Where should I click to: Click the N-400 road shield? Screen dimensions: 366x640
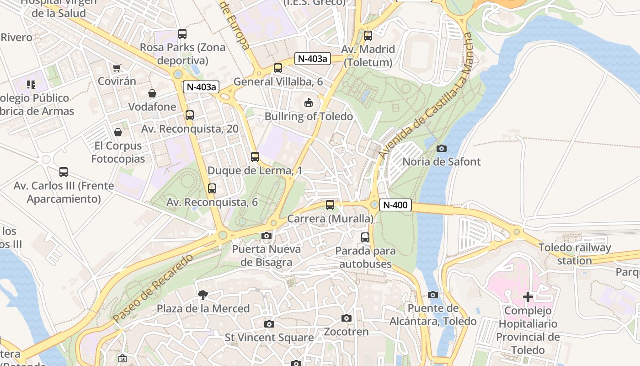click(x=395, y=205)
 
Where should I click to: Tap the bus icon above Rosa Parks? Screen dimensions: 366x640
click(x=182, y=34)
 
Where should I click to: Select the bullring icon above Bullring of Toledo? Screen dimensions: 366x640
click(x=309, y=103)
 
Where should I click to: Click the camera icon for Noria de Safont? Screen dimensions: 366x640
click(x=442, y=148)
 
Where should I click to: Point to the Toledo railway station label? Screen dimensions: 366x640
click(x=574, y=254)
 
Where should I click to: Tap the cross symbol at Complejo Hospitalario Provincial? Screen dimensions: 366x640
click(x=528, y=297)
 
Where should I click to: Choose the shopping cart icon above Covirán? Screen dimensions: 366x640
click(x=117, y=68)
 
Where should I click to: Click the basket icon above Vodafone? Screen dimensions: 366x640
click(x=152, y=93)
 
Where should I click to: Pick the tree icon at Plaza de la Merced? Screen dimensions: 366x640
click(x=203, y=295)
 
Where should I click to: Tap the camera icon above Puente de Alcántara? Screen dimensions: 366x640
click(x=433, y=295)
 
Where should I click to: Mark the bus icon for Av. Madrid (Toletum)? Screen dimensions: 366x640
click(x=368, y=36)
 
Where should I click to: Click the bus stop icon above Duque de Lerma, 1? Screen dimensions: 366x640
click(x=255, y=157)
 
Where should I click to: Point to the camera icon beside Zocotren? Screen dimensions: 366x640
click(x=347, y=318)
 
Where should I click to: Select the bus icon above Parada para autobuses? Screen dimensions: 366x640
click(x=365, y=237)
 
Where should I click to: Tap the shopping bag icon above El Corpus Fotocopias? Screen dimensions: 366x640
click(x=118, y=132)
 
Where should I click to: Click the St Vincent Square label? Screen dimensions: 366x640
click(x=269, y=338)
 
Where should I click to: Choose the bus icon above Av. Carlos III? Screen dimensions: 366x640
click(x=64, y=172)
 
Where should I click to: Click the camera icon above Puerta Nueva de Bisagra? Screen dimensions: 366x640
click(x=266, y=236)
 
